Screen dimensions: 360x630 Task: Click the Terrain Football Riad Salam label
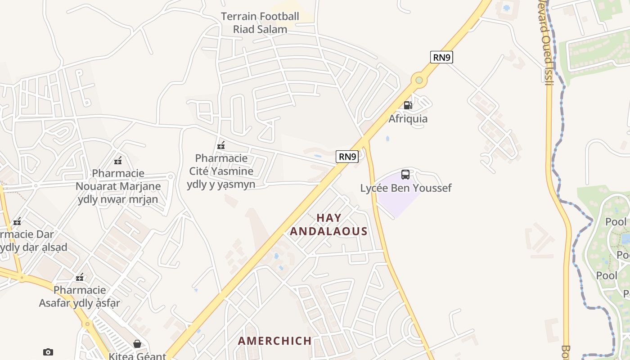click(260, 23)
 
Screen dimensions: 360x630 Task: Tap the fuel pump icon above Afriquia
click(408, 105)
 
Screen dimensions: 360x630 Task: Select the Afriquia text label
click(408, 119)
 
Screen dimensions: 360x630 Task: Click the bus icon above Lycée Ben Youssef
click(405, 175)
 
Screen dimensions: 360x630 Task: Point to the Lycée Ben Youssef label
click(405, 188)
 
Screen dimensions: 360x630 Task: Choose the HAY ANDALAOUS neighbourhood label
click(329, 225)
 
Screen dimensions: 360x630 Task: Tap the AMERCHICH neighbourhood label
click(274, 341)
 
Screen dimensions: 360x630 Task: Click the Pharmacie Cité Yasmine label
click(221, 171)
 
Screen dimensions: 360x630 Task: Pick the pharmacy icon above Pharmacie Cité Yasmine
click(221, 145)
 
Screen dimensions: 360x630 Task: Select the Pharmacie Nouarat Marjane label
click(118, 186)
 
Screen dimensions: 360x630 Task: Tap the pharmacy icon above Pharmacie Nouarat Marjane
click(118, 160)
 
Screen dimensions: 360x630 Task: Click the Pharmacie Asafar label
click(80, 296)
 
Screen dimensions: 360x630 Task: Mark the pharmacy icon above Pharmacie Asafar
click(80, 277)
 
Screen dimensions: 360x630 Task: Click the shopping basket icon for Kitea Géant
click(137, 344)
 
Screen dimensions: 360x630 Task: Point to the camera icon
click(48, 352)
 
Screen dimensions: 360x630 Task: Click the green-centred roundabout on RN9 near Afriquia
click(419, 80)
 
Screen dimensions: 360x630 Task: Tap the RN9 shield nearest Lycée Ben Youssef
click(347, 157)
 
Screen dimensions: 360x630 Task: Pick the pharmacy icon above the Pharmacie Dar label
click(17, 221)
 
